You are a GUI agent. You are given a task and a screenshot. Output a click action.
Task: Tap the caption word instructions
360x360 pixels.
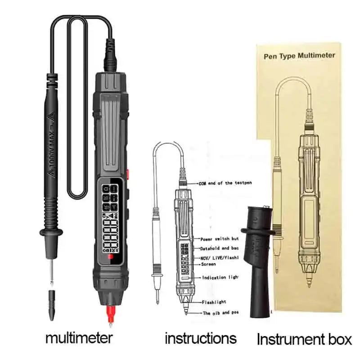[x=200, y=337]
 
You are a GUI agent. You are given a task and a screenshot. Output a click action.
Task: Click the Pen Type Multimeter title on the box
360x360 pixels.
[x=299, y=55]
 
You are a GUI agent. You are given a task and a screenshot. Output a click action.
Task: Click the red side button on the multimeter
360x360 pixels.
[x=128, y=174]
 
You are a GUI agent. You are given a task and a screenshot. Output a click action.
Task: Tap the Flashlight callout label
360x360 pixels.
[x=214, y=302]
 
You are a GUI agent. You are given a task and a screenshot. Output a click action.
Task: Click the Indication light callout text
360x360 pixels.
[x=219, y=277]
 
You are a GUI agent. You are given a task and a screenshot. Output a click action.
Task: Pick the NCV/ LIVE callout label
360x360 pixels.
[x=219, y=258]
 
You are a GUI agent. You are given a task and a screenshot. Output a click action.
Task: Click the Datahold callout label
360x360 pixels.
[x=219, y=248]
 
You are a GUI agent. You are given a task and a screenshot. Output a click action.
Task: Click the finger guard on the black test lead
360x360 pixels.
[x=51, y=233]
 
